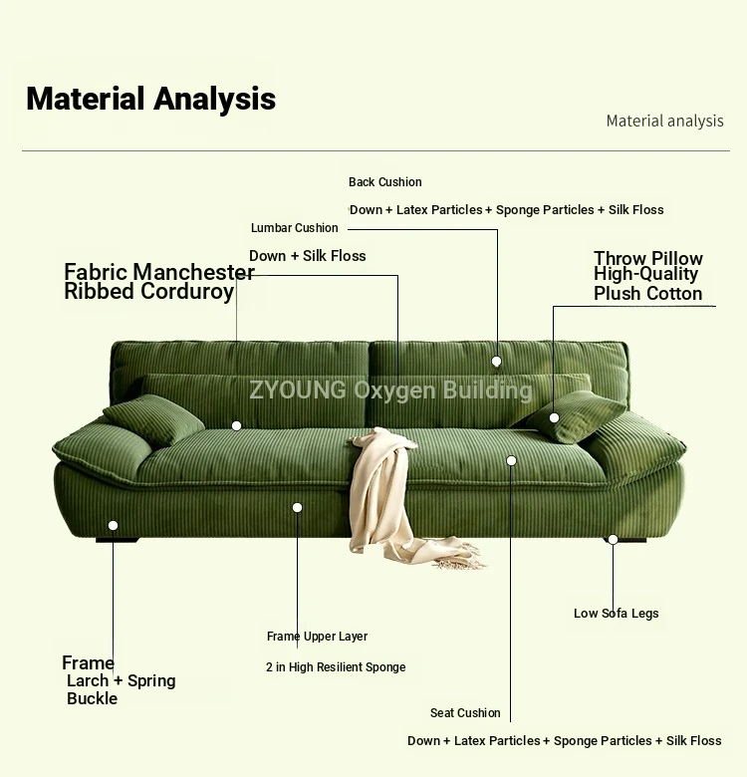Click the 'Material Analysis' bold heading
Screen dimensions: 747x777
click(x=150, y=99)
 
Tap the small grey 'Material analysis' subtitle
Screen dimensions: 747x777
click(x=664, y=121)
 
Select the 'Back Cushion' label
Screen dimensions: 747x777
click(x=384, y=182)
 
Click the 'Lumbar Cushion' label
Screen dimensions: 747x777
click(x=294, y=228)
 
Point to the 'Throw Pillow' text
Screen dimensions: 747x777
click(x=648, y=258)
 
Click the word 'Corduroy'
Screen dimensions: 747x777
click(x=187, y=292)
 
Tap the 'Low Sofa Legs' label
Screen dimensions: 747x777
click(x=617, y=613)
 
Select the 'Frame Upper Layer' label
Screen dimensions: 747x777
click(x=317, y=637)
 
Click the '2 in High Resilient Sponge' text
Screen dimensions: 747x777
click(x=336, y=667)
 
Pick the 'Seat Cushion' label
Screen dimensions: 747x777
click(x=465, y=713)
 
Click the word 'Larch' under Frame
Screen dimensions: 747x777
click(x=88, y=680)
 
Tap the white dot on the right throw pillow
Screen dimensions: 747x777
click(x=555, y=417)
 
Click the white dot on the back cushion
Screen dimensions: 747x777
click(x=496, y=362)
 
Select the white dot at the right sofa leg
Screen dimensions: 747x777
click(x=613, y=539)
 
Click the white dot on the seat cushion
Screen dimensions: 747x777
click(x=511, y=461)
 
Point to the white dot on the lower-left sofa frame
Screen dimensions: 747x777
click(x=113, y=525)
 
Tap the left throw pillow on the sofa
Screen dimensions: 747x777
click(x=153, y=418)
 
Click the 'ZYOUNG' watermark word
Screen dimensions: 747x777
click(x=297, y=389)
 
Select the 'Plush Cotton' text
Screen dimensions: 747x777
click(x=648, y=293)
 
